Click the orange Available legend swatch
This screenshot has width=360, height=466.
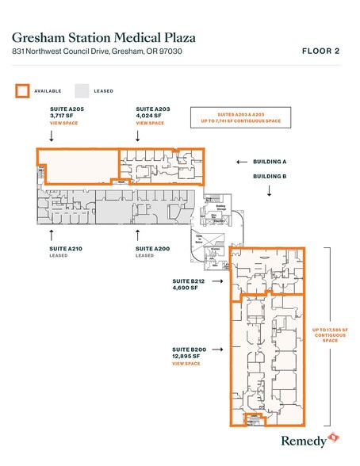[x=22, y=90]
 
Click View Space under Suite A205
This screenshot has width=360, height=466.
[x=63, y=124]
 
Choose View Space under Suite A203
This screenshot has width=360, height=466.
[x=150, y=124]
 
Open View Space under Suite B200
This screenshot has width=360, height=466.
[x=186, y=364]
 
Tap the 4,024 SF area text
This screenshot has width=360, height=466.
[x=149, y=116]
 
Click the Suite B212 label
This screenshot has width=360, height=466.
[x=189, y=281]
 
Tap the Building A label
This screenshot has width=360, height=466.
[x=270, y=162]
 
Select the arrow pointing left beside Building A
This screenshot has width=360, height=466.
[x=241, y=162]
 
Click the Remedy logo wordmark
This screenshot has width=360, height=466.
[x=304, y=441]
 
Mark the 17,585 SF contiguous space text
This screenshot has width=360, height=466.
[x=330, y=334]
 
